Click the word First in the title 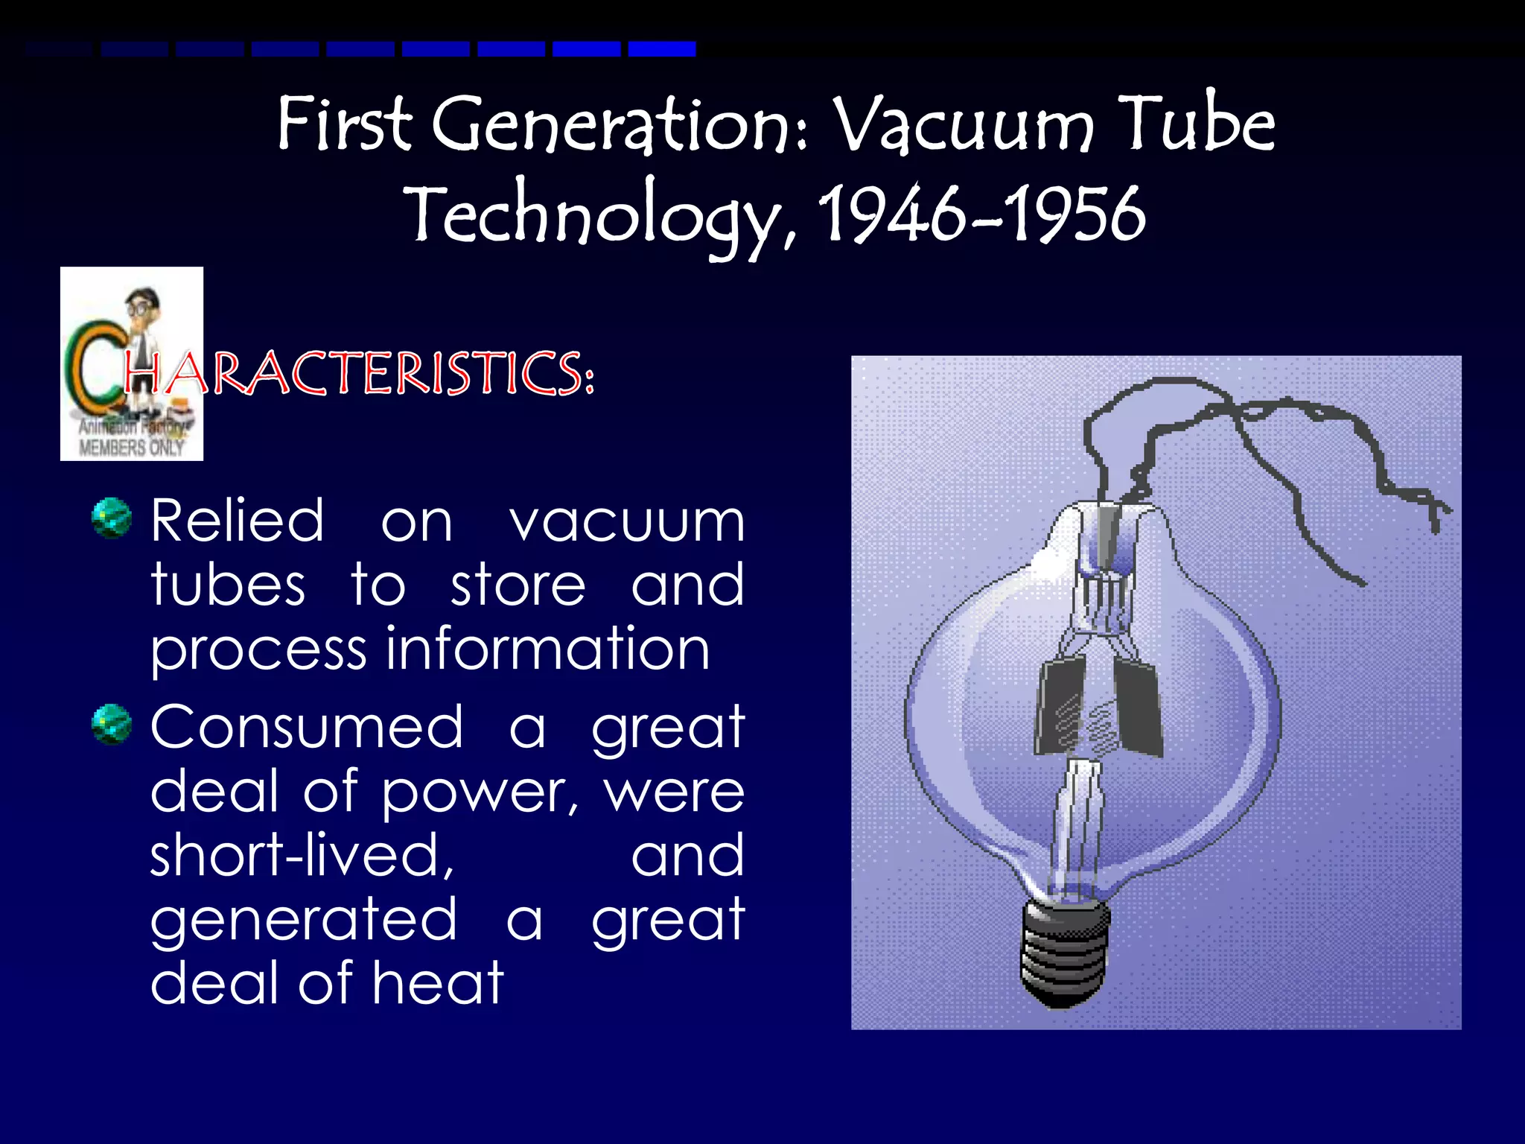click(343, 124)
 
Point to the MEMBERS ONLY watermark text click(131, 448)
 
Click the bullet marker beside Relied click(112, 518)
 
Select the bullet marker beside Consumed click(112, 724)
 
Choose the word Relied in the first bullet click(237, 521)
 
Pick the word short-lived click(302, 855)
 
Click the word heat click(438, 983)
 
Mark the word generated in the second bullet click(303, 919)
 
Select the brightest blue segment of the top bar click(662, 49)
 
